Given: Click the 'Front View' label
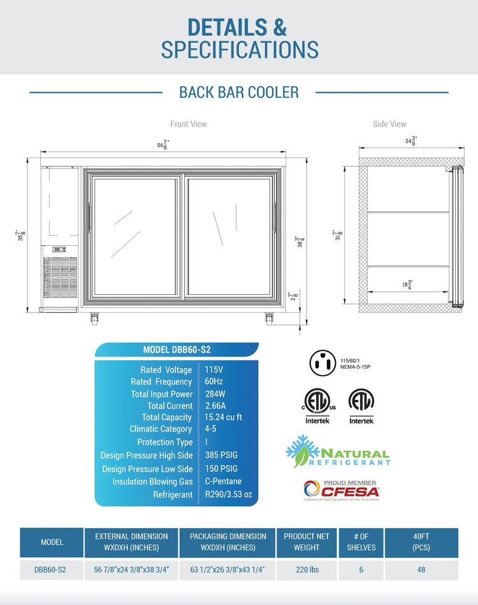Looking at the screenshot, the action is click(189, 124).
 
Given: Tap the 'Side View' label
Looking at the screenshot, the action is click(389, 124).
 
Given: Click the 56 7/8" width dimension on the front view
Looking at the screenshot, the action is click(163, 145).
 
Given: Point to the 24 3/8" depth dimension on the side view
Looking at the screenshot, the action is click(411, 141).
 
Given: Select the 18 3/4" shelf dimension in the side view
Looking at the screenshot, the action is click(407, 285).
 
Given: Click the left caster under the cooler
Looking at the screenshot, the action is click(94, 318).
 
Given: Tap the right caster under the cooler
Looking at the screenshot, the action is click(269, 318).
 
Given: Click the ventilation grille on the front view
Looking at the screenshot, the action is click(60, 278).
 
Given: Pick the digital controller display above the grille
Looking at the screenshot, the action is click(59, 249).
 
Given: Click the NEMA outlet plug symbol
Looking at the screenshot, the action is click(322, 363).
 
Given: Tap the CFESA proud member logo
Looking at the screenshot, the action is click(342, 490).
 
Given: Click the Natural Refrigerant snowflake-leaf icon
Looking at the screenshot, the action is click(303, 451).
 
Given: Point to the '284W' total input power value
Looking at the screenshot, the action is click(215, 394).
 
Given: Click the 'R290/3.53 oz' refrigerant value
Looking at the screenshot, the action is click(228, 494).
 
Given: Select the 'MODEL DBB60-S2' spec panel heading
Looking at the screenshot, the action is click(177, 350).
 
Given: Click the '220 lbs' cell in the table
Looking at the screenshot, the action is click(307, 569).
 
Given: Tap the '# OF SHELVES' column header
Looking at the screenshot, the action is click(361, 542).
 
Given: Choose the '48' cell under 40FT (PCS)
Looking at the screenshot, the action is click(421, 569).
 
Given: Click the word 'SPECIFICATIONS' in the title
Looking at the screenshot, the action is click(240, 50).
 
